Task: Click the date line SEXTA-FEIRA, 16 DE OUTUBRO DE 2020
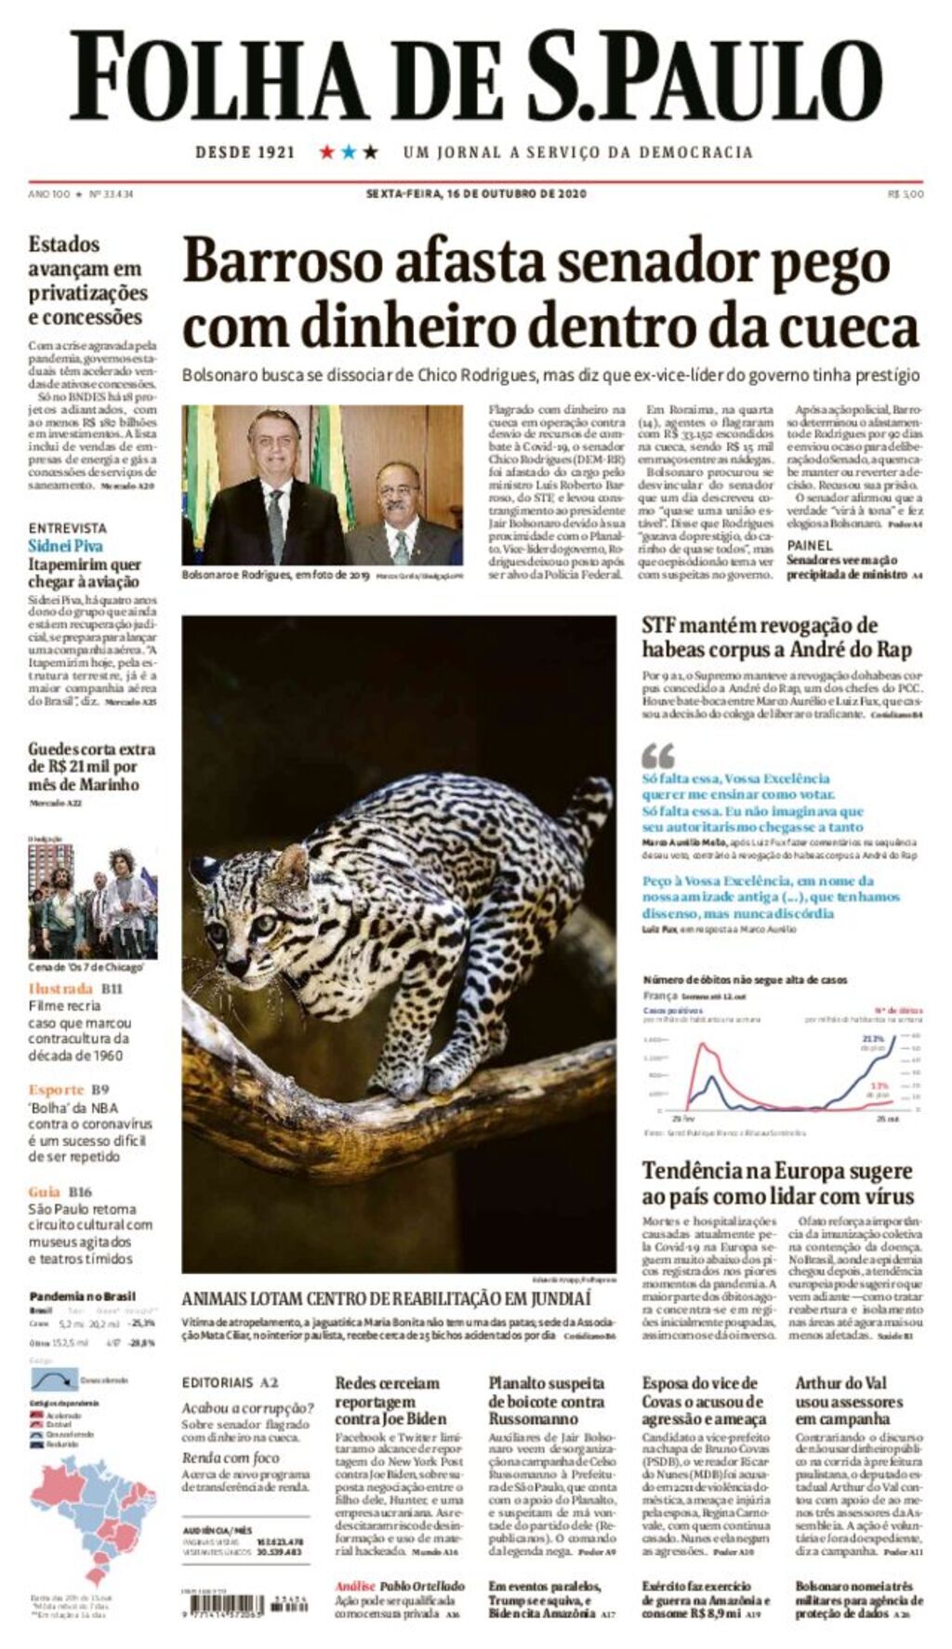point(476,194)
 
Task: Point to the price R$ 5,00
point(906,194)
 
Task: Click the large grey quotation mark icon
point(658,755)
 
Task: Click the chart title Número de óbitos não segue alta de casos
point(745,979)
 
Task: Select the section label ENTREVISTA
point(67,527)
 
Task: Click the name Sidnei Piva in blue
point(65,546)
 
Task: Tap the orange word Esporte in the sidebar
point(56,1089)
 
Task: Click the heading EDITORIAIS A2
point(230,1383)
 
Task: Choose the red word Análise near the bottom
point(355,1586)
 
